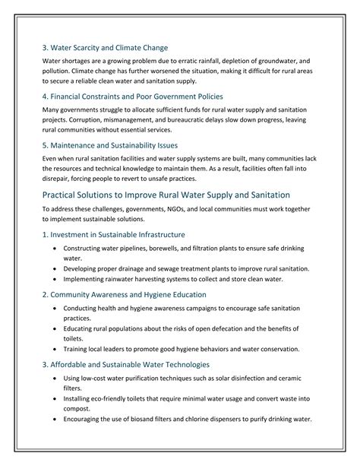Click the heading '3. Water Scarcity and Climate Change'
(106, 48)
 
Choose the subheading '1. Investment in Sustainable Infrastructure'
(113, 234)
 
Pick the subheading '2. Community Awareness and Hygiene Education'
(124, 294)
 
